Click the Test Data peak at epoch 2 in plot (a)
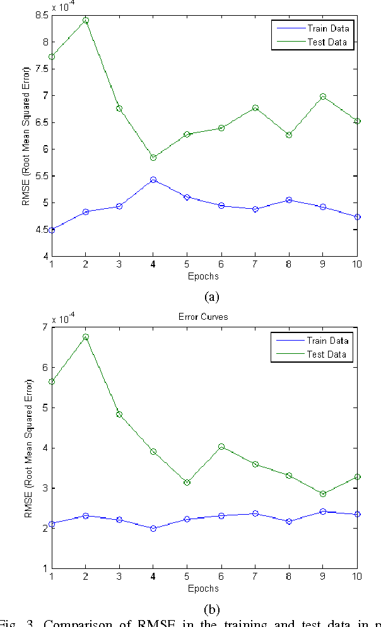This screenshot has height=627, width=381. point(86,20)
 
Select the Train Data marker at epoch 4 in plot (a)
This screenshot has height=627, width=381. point(153,180)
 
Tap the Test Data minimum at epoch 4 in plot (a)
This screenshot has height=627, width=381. point(153,158)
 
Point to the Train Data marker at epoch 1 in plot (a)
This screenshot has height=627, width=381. point(52,230)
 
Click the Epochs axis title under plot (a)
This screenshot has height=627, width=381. point(203,276)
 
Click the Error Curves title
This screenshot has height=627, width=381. point(203,317)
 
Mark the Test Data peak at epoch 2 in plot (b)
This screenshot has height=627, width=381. point(86,337)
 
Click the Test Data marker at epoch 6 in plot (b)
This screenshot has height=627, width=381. point(221,447)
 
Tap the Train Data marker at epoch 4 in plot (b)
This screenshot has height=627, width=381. point(153,528)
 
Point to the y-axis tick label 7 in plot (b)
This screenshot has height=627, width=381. point(44,327)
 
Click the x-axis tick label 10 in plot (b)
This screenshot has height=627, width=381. point(355,576)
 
